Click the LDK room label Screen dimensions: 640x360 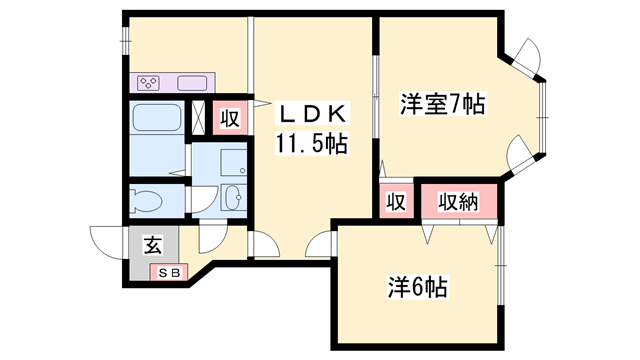tap(312, 114)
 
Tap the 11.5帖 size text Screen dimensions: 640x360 tap(312, 144)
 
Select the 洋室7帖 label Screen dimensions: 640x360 tap(442, 104)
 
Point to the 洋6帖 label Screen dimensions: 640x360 tap(417, 287)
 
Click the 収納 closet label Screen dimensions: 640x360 tap(458, 201)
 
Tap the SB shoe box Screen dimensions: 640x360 tap(169, 273)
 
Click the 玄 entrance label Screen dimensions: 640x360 tap(153, 245)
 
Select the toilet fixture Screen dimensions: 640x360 tap(146, 201)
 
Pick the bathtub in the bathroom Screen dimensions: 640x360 tap(156, 117)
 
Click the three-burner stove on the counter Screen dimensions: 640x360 tap(149, 83)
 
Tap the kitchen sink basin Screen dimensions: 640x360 tap(192, 83)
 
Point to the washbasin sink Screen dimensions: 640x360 tap(234, 198)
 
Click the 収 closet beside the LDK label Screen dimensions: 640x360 tap(230, 118)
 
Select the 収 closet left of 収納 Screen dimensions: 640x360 tap(396, 202)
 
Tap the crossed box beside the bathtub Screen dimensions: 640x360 tap(198, 117)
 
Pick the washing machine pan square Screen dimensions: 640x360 tap(233, 162)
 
